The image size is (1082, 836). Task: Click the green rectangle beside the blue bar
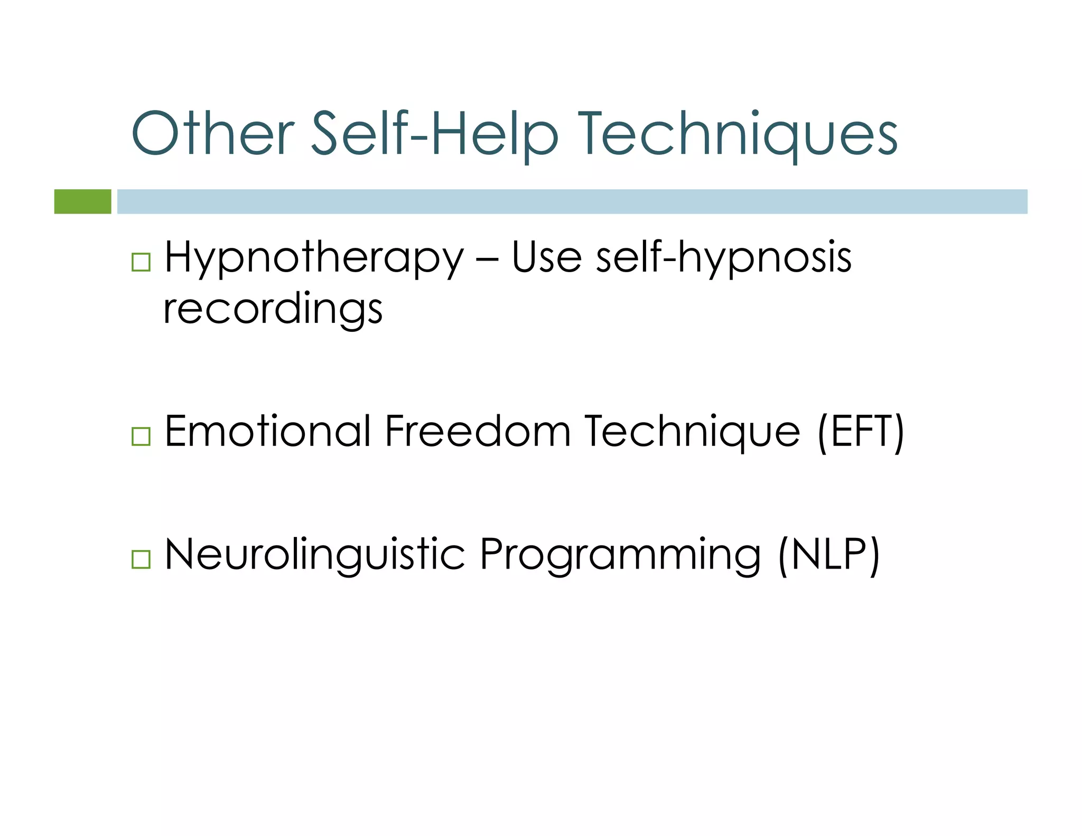point(83,201)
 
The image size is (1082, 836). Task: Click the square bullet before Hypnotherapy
point(141,262)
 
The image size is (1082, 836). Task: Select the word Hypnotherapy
point(314,258)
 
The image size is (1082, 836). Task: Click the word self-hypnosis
point(723,258)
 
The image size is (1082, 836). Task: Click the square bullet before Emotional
point(141,436)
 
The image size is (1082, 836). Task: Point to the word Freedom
point(478,431)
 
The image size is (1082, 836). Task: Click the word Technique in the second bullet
point(692,432)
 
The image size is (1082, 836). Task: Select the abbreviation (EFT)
point(861,432)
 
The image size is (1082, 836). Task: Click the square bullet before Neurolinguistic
point(141,559)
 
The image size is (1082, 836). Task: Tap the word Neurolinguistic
point(314,555)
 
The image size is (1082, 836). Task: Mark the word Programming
point(620,556)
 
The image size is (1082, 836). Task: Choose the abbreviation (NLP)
point(828,555)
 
